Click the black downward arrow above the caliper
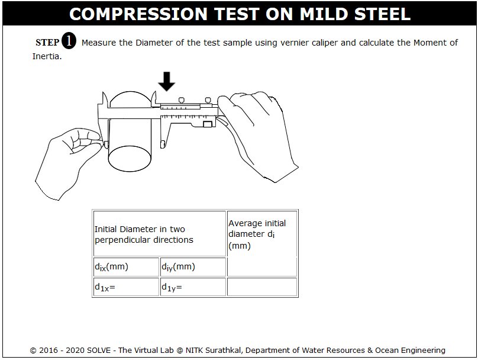166,81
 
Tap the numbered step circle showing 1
69,41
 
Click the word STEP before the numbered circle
47,43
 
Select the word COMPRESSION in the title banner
138,14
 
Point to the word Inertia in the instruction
46,56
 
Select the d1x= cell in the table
126,287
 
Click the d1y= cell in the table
193,287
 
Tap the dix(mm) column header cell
126,267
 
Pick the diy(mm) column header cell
193,267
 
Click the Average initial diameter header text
257,234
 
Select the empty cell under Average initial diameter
262,287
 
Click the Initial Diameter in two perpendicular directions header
144,234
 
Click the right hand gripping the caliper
259,134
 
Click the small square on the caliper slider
208,124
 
